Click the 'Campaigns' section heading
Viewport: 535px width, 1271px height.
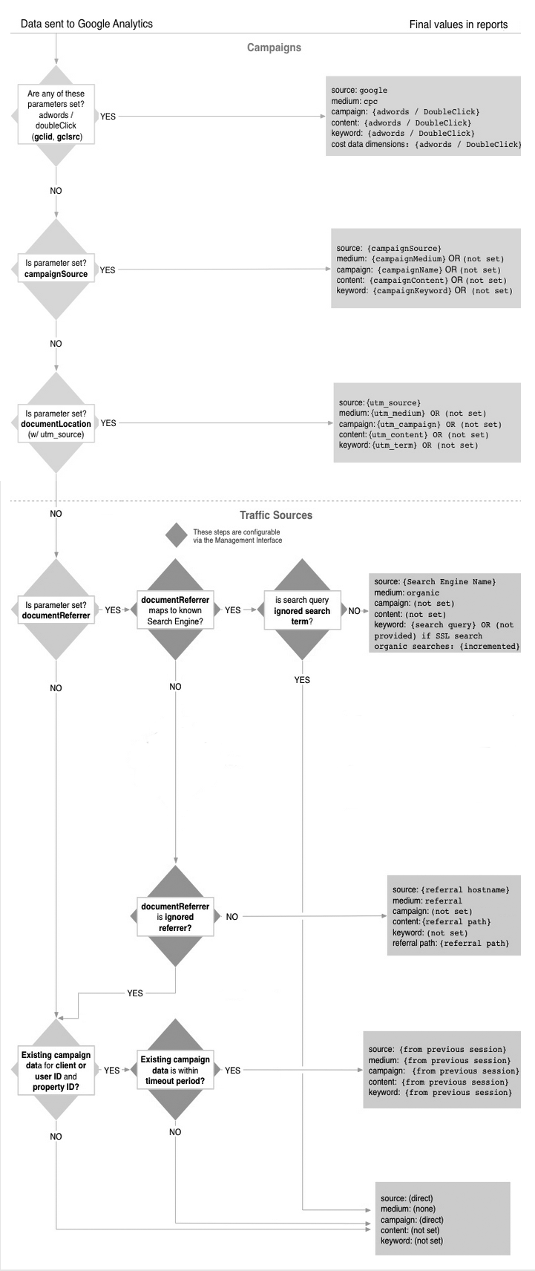point(274,48)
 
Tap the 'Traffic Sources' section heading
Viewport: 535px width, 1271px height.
point(276,514)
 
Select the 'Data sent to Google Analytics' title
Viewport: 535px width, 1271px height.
point(87,24)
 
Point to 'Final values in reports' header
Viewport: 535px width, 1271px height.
point(459,24)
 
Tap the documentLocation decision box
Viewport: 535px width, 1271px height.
point(56,422)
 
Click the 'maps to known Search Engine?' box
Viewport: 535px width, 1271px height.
point(175,610)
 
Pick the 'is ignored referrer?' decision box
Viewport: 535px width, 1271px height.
point(175,917)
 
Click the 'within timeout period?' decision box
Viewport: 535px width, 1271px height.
point(175,1071)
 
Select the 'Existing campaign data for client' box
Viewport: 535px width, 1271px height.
point(56,1071)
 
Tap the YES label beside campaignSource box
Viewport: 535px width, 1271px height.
point(108,270)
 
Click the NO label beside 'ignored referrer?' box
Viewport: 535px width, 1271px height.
point(232,917)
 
